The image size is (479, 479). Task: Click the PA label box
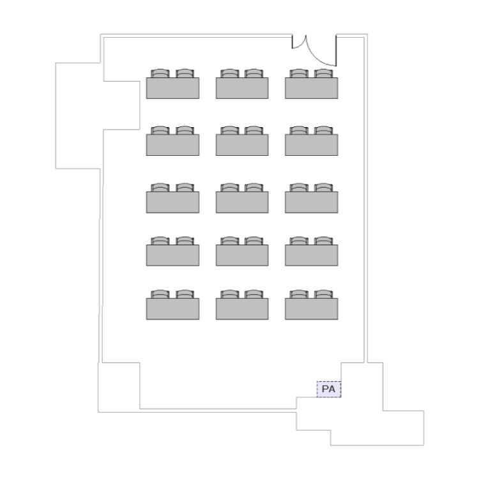(329, 388)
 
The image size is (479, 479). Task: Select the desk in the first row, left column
(172, 88)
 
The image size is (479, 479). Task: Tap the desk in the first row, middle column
(242, 88)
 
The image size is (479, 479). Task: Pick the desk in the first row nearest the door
(311, 88)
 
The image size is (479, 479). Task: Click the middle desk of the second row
(242, 145)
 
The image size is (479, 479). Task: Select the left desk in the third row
(172, 202)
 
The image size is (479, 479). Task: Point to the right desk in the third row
(311, 202)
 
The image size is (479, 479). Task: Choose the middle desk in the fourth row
(242, 255)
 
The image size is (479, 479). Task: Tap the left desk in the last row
(172, 308)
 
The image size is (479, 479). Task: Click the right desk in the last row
(311, 308)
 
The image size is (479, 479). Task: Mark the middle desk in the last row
(242, 308)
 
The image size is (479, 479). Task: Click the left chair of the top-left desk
(160, 73)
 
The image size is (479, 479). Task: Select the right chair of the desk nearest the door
(324, 73)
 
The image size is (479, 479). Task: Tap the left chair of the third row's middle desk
(229, 187)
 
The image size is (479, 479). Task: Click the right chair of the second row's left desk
(185, 130)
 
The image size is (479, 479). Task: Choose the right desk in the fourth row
(311, 255)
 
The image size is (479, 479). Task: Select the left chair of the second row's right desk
(298, 130)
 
